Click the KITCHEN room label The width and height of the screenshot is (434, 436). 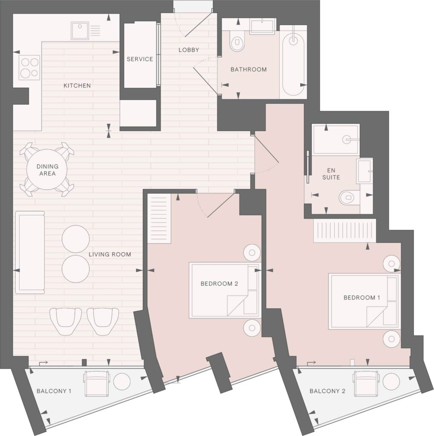(77, 86)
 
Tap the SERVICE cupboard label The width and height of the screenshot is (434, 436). (140, 59)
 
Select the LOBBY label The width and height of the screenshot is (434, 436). (189, 50)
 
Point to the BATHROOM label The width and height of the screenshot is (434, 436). (249, 69)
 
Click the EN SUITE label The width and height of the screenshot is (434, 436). (331, 174)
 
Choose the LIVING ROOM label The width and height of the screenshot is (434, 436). (110, 254)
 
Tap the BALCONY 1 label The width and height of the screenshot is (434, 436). (54, 391)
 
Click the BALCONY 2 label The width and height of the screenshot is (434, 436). (327, 391)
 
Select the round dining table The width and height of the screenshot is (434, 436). (47, 169)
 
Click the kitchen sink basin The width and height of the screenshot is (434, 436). (80, 31)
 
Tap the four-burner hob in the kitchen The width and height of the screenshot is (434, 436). (29, 67)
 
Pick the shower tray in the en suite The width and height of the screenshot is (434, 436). (336, 139)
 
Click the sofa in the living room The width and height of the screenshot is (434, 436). (30, 252)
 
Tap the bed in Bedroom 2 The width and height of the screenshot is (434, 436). (225, 290)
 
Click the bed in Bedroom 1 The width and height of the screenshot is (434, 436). (365, 301)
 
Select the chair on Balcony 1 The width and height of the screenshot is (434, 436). (96, 383)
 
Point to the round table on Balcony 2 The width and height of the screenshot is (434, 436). (391, 381)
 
